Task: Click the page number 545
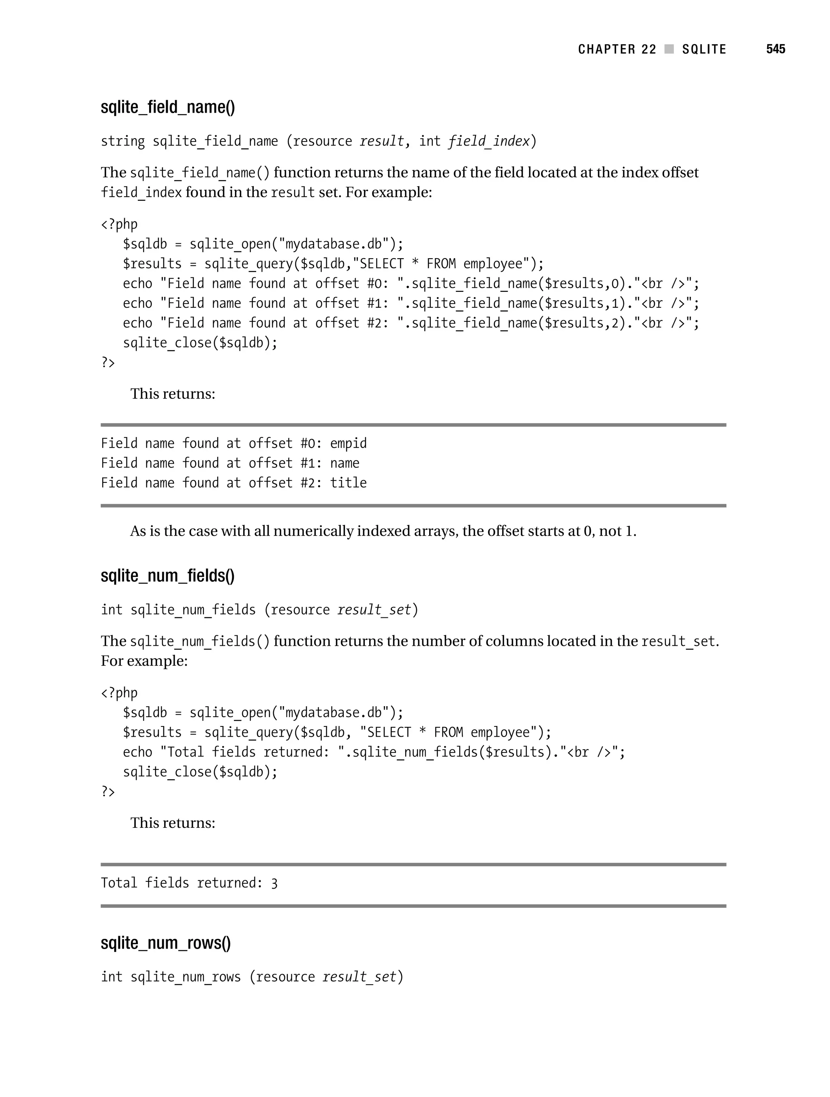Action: point(775,49)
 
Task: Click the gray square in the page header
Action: point(669,49)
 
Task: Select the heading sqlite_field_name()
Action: point(168,107)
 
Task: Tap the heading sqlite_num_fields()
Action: point(168,576)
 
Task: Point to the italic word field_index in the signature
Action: point(489,141)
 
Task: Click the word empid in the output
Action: point(348,444)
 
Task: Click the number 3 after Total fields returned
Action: point(274,883)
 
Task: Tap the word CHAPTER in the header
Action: point(606,49)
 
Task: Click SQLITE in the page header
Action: point(704,49)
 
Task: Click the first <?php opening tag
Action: point(119,224)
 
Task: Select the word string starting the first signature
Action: point(122,141)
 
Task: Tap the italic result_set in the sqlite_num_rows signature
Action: point(359,977)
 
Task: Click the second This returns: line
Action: point(173,823)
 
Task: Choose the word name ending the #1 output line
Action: point(344,463)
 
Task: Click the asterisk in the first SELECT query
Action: point(415,264)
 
